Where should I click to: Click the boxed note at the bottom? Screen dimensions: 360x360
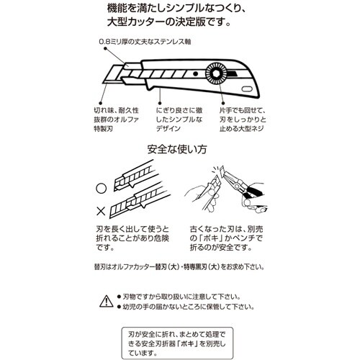point(179,338)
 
